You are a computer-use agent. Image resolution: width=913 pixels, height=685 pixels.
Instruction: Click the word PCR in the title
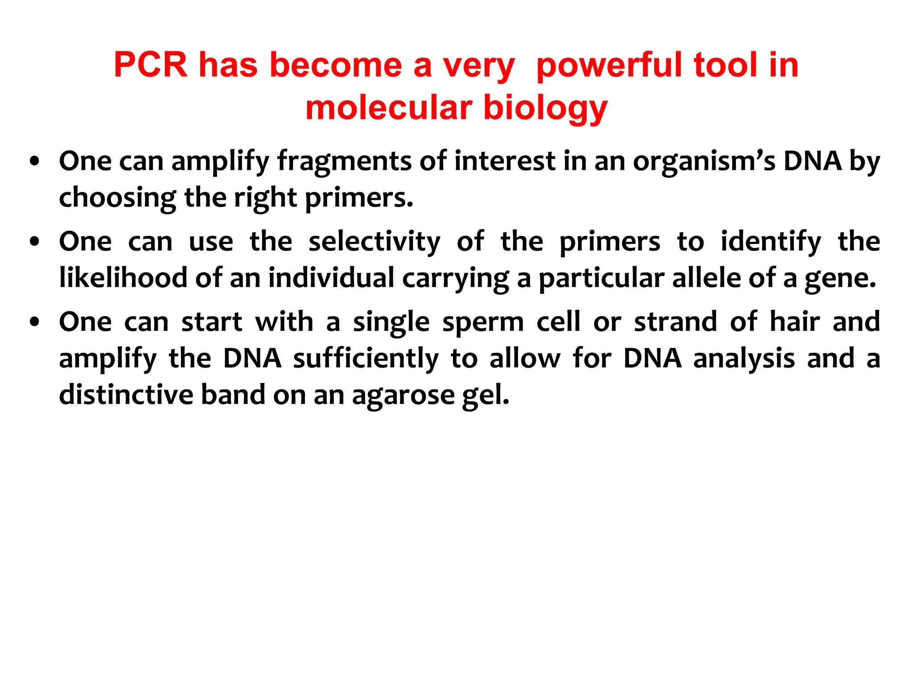150,65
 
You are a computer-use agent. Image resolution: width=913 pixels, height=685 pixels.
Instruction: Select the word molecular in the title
388,108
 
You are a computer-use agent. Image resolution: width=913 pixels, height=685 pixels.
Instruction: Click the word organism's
704,161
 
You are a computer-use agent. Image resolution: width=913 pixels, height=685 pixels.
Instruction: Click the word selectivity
374,242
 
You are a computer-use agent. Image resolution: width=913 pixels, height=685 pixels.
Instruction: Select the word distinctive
126,395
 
